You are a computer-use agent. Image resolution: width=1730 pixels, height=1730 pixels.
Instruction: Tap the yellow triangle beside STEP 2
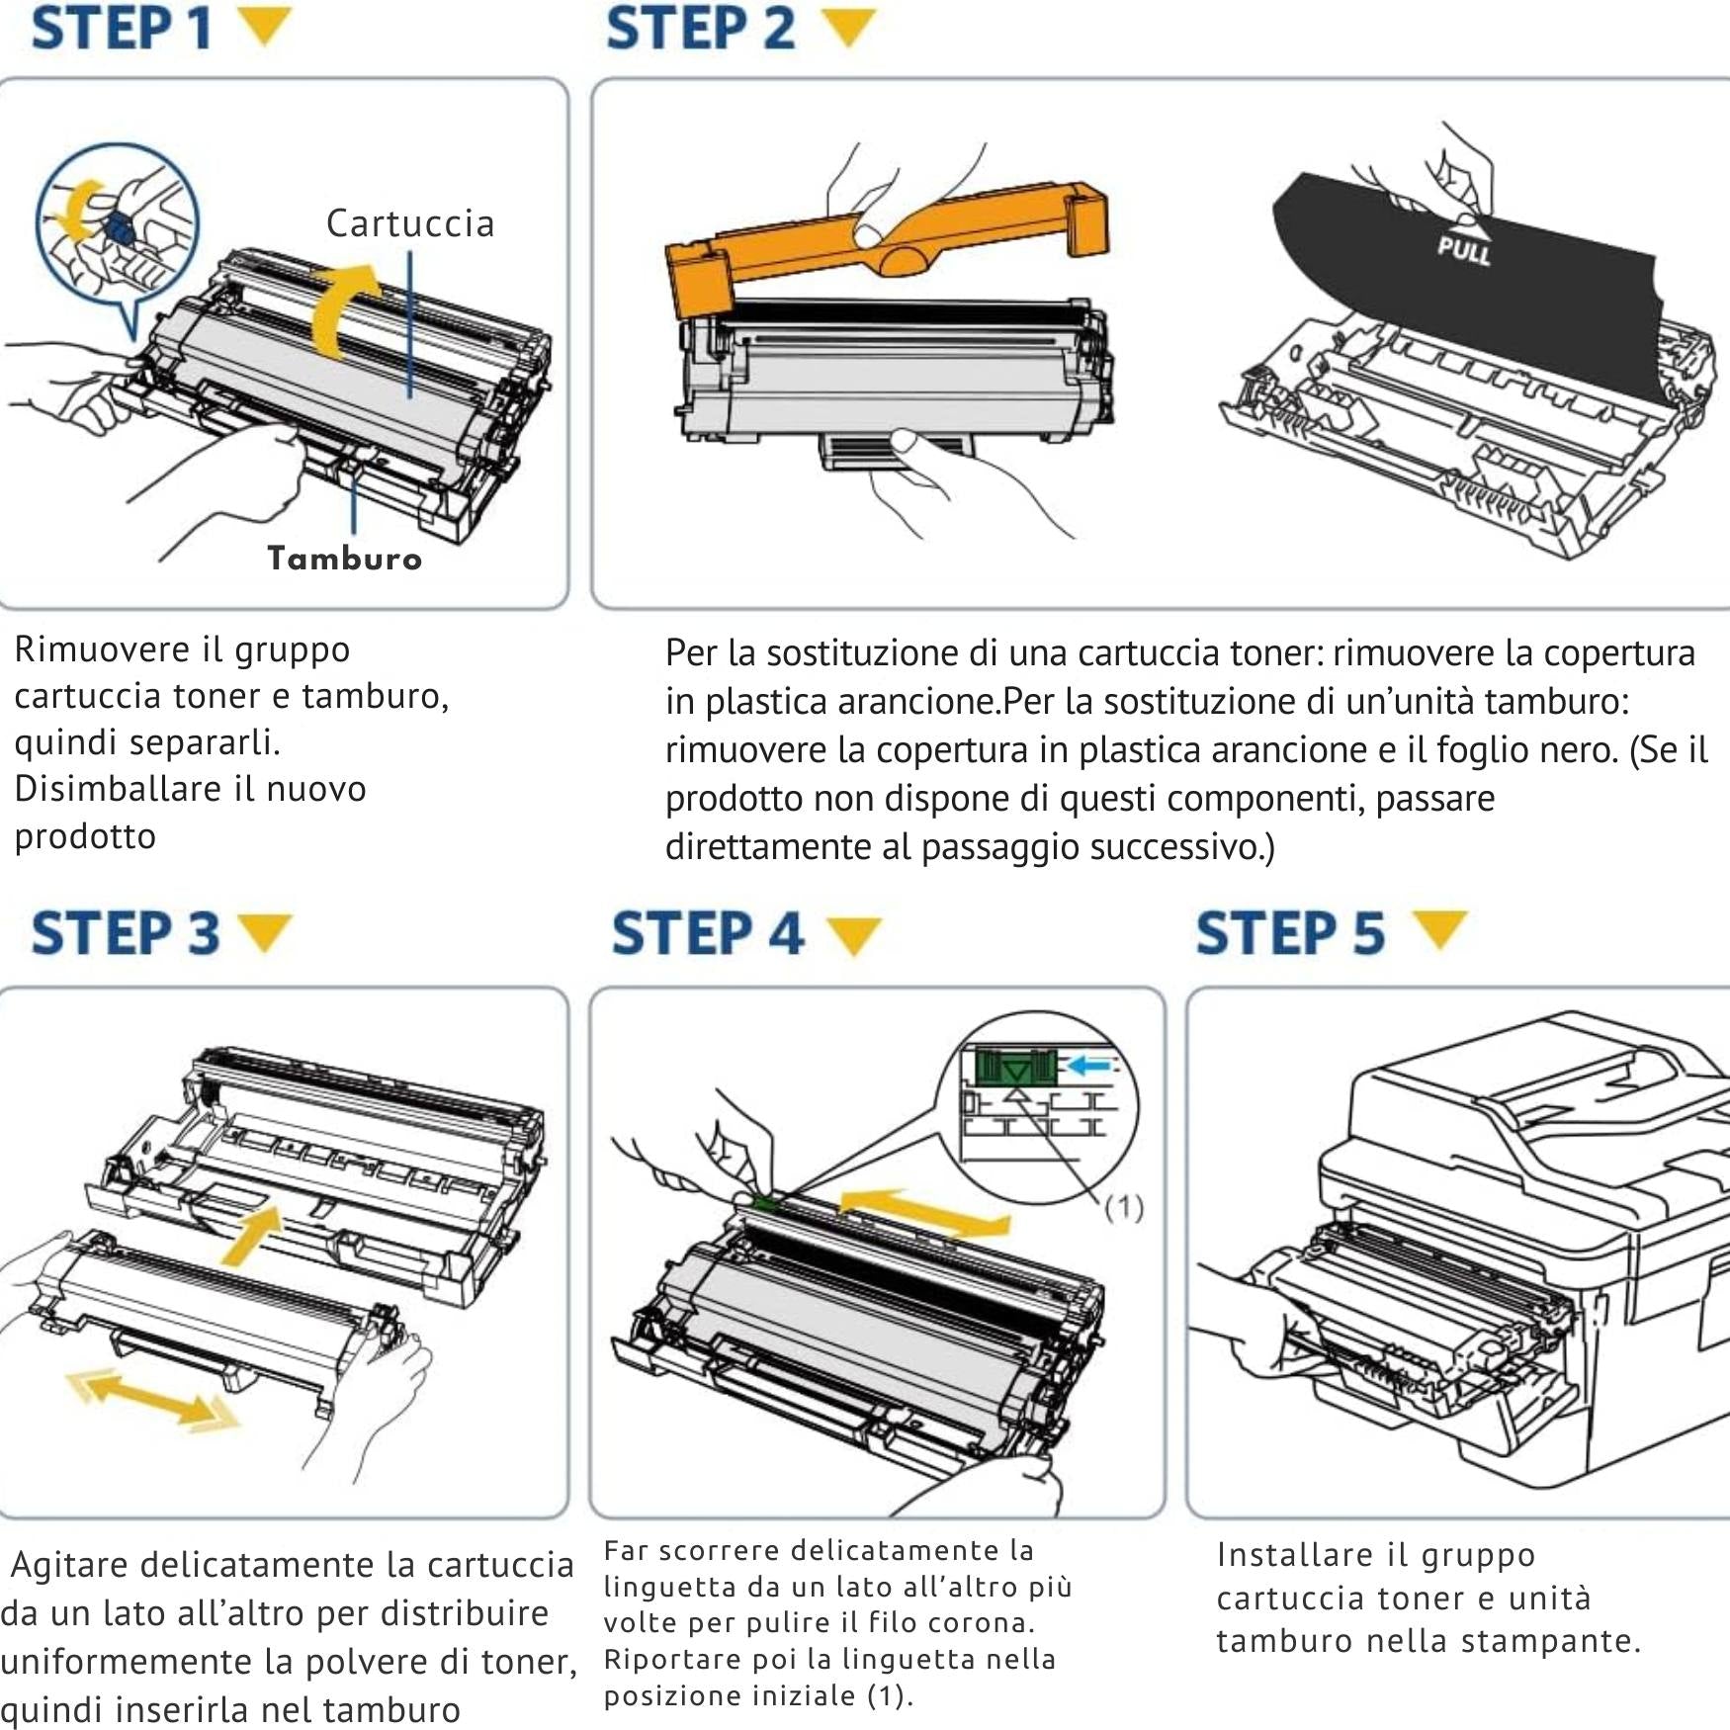point(848,26)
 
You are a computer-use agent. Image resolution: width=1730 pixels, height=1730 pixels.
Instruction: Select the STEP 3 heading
point(125,933)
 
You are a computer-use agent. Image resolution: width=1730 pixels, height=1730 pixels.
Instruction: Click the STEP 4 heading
point(707,933)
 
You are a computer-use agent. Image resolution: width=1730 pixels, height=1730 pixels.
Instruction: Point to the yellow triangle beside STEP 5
point(1438,929)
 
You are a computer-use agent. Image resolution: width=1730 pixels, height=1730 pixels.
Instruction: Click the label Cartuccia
point(410,223)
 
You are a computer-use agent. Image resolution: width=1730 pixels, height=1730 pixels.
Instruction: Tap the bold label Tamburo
point(344,559)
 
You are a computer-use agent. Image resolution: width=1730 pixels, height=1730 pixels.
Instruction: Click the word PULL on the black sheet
point(1464,248)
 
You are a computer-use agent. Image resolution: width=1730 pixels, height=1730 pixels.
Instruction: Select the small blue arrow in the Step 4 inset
point(1091,1066)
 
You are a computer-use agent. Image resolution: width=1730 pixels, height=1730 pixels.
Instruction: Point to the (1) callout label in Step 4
point(1124,1207)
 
